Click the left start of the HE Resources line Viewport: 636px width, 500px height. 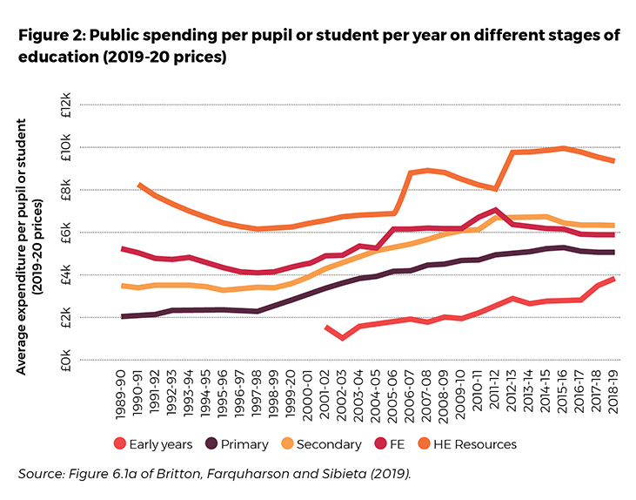(x=139, y=185)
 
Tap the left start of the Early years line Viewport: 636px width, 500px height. (x=325, y=327)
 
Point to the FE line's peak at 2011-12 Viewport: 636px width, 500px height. (x=495, y=209)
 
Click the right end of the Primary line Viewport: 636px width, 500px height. (x=614, y=252)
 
